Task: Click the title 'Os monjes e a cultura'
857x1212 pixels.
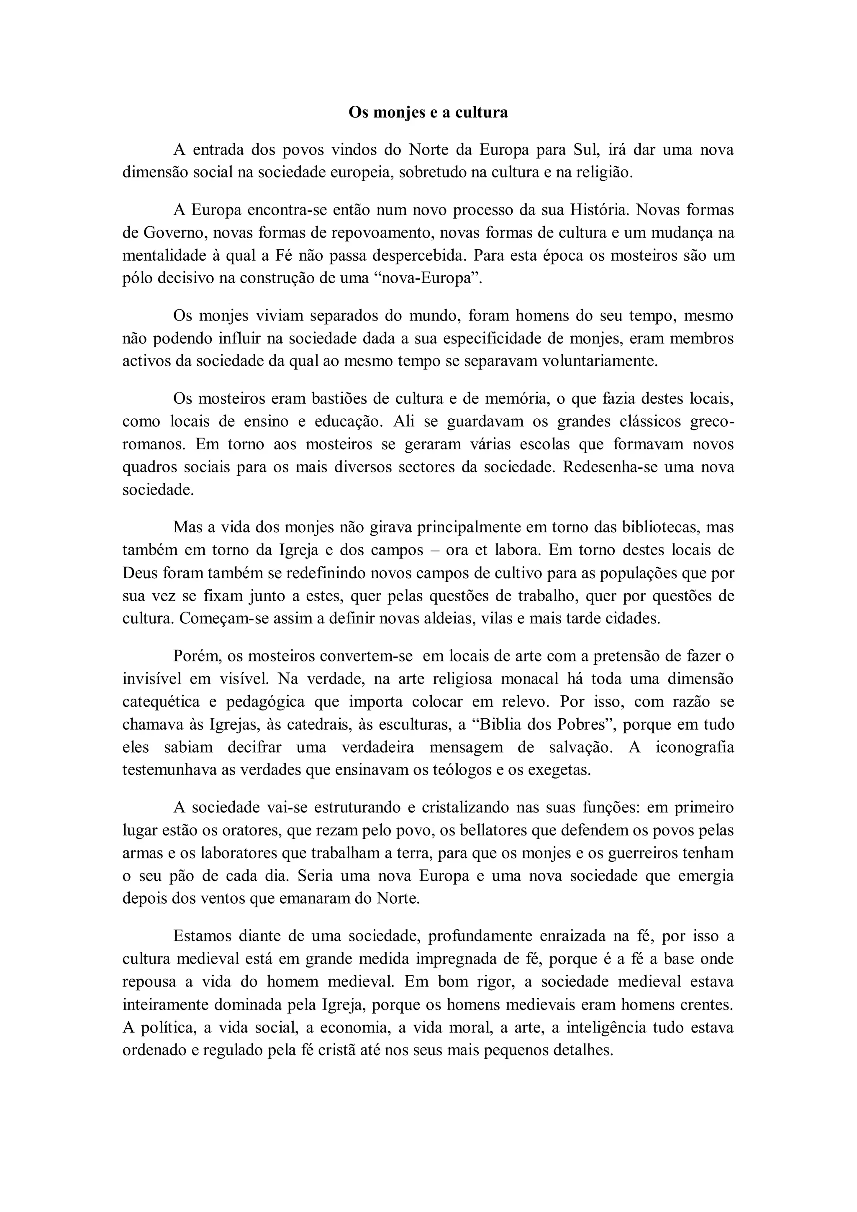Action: (428, 113)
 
